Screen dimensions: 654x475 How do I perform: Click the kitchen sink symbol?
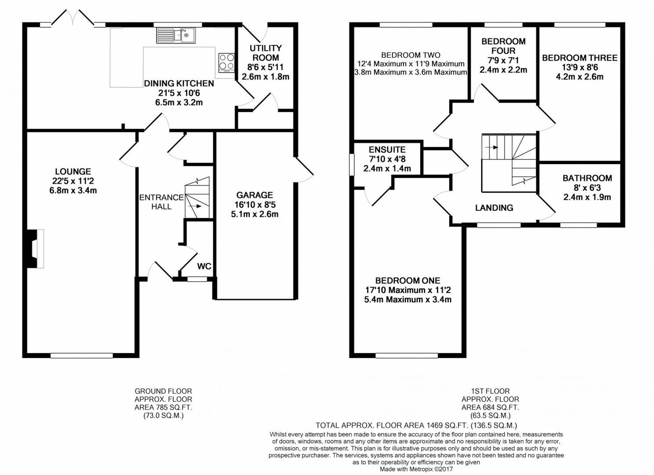(x=176, y=36)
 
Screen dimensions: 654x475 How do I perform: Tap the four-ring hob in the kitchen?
(x=226, y=62)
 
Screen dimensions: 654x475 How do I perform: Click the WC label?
(x=204, y=266)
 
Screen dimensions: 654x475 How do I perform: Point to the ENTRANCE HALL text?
(x=161, y=202)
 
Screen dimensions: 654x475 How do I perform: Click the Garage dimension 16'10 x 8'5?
(x=255, y=205)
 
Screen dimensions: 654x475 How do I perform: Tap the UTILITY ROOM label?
(x=265, y=53)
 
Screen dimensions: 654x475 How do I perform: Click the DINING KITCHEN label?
(x=179, y=84)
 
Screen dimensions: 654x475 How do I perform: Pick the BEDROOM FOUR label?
(x=503, y=46)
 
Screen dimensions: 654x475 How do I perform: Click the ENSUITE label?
(x=387, y=150)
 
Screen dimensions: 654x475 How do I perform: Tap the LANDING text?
(x=494, y=208)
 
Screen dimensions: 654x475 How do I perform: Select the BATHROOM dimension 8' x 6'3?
(x=587, y=187)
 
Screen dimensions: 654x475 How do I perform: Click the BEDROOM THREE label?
(x=580, y=58)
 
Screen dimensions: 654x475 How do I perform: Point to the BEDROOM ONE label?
(x=407, y=281)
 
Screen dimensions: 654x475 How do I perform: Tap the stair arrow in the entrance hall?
(x=195, y=206)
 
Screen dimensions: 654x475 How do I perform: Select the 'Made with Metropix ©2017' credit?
(x=416, y=469)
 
